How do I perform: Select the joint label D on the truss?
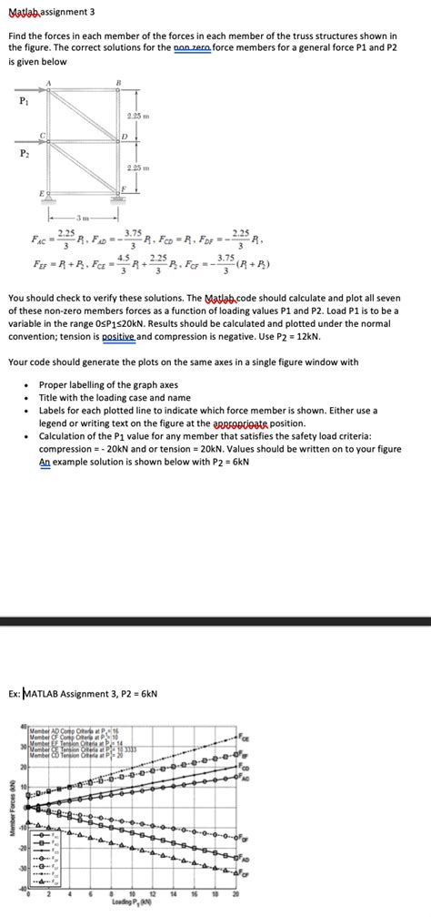coord(125,137)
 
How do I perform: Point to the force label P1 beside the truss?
coord(24,101)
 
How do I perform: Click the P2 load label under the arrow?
coord(24,155)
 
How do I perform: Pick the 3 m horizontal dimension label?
coord(83,217)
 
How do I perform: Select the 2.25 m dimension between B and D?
coord(137,117)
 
